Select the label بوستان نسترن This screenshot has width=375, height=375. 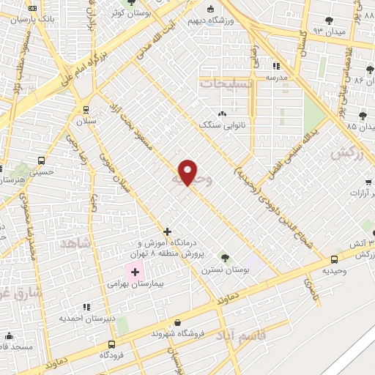pos(223,270)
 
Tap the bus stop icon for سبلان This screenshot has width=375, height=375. pos(86,109)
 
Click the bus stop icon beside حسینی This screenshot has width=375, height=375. pos(42,160)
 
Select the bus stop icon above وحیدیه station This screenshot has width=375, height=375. pos(335,259)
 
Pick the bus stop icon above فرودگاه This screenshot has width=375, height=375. pos(111,344)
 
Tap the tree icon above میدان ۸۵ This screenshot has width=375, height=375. pos(363,116)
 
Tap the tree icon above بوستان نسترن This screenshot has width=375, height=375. pos(224,257)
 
